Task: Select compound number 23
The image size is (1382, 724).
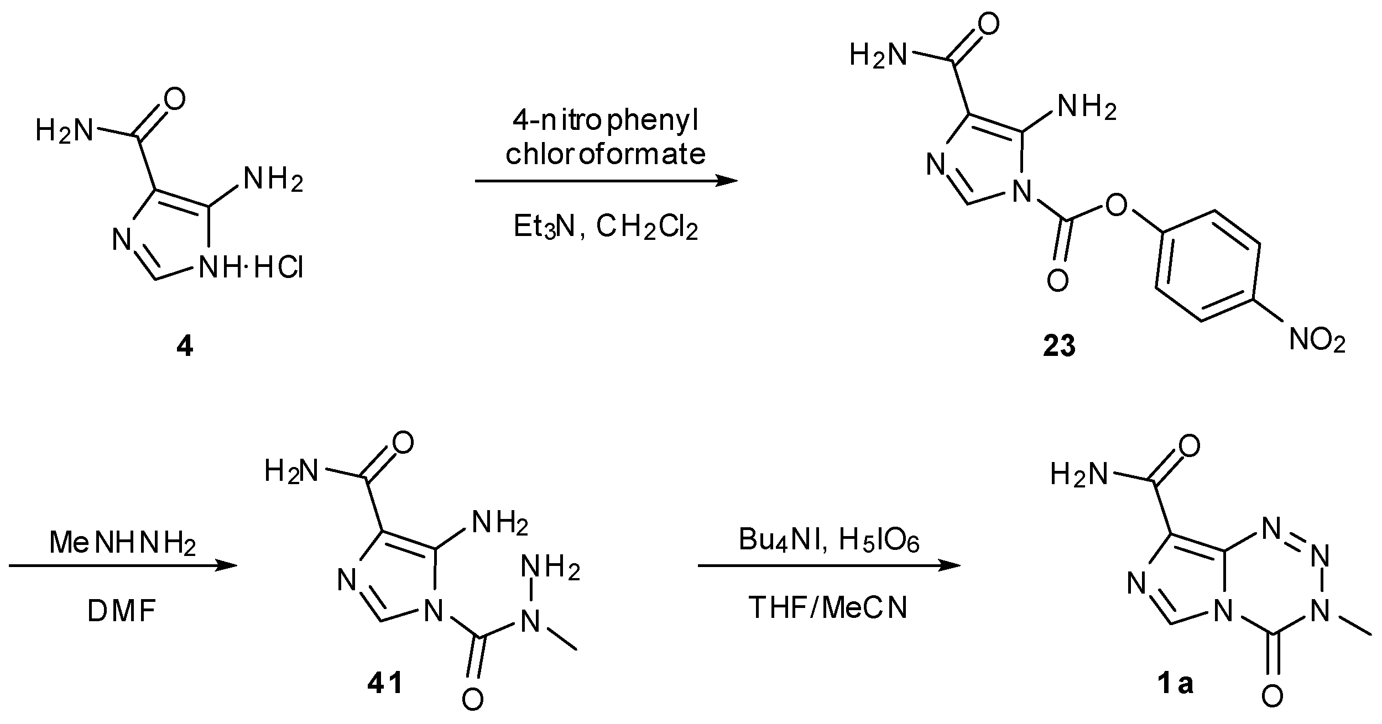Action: (1059, 347)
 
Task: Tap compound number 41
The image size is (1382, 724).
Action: (385, 685)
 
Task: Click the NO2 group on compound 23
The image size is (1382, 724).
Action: (1317, 339)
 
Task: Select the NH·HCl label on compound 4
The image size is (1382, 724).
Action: (252, 269)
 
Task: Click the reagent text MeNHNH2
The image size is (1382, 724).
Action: (123, 543)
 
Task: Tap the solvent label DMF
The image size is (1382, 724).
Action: (122, 612)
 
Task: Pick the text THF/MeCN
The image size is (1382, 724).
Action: (828, 608)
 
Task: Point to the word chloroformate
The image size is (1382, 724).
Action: (606, 154)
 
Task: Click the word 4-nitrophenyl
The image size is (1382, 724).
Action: (606, 121)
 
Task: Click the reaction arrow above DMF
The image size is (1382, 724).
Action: (123, 565)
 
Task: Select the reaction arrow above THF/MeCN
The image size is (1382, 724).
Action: (828, 566)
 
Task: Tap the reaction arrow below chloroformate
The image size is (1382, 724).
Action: (606, 181)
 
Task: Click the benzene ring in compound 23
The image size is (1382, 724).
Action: (1207, 265)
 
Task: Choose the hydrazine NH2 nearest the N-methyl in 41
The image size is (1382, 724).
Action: (550, 568)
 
